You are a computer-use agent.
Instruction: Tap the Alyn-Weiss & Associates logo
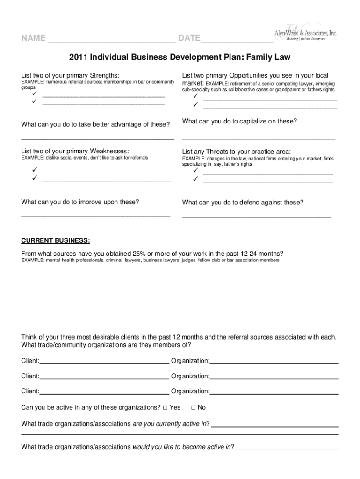[306, 33]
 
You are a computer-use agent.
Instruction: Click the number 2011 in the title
[79, 58]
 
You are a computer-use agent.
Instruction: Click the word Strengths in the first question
[103, 75]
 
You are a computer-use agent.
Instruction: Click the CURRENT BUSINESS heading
[56, 240]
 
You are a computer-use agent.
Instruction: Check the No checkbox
[194, 407]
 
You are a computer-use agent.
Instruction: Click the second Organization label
[190, 376]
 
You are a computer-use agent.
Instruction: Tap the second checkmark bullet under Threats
[195, 179]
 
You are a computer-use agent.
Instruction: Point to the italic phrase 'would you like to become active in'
[182, 447]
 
